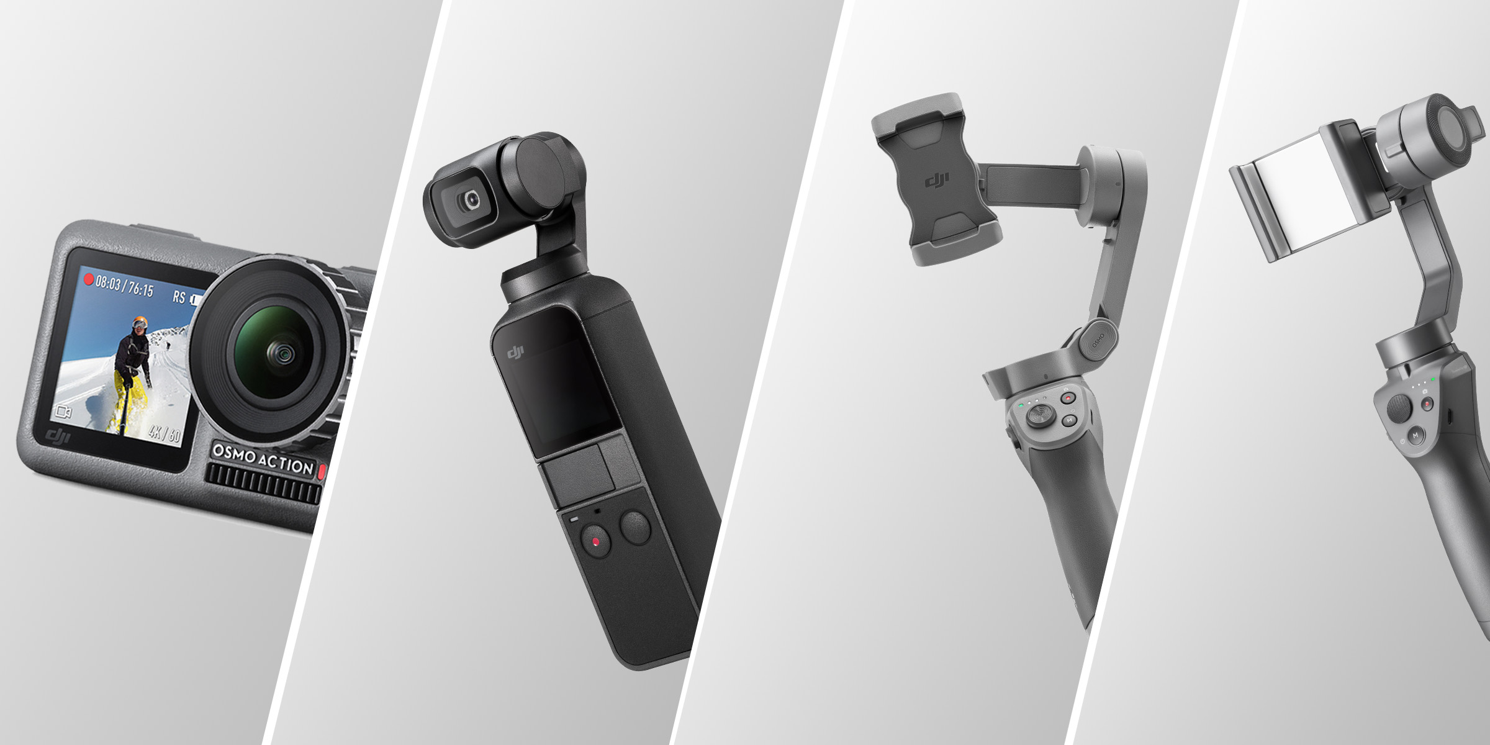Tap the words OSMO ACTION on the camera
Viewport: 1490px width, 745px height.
[263, 459]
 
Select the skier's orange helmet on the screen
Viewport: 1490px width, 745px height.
[140, 323]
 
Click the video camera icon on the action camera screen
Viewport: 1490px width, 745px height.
[64, 411]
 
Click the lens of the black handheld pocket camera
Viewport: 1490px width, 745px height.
[471, 199]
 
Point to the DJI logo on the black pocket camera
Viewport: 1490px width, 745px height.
[515, 353]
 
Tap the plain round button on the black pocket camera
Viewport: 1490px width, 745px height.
[635, 528]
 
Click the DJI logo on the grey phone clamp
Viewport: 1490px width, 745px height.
[937, 181]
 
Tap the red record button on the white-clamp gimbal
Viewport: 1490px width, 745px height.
[1427, 404]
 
